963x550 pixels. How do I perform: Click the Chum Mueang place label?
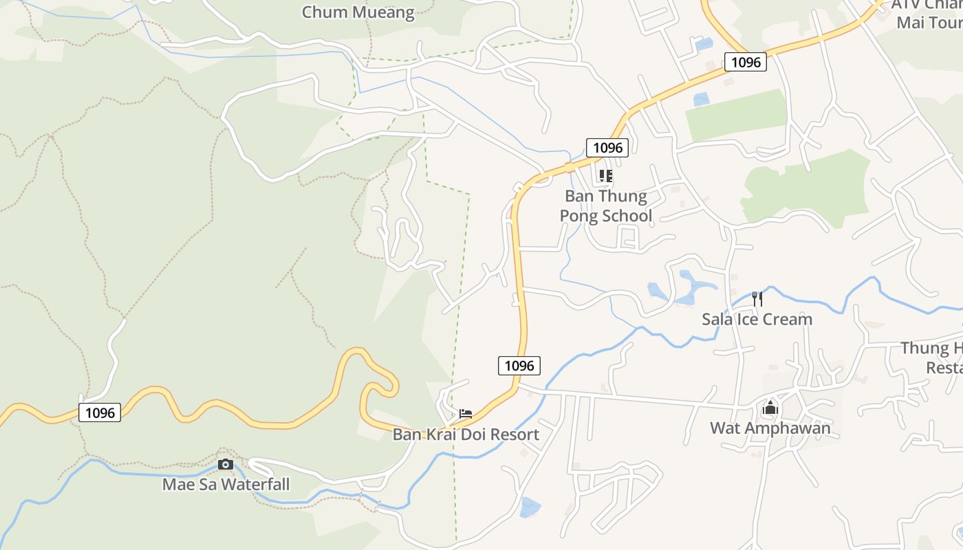pos(358,12)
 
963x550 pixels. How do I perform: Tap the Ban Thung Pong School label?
pos(605,206)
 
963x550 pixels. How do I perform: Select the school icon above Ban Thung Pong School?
pos(605,176)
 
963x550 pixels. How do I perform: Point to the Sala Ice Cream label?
pos(757,319)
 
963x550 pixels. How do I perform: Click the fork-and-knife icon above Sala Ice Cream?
pos(757,298)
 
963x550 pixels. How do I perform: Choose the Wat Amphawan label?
pos(770,428)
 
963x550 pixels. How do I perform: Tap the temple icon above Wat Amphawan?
pos(770,408)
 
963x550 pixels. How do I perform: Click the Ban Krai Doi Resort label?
pos(466,435)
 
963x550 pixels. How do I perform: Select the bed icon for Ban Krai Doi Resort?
pos(466,414)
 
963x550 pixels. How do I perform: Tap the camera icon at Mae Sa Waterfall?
pos(225,465)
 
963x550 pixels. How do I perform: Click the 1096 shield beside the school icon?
pos(607,147)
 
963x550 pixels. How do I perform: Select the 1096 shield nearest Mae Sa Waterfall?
pos(100,412)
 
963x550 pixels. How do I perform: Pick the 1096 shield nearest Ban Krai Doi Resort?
pos(519,366)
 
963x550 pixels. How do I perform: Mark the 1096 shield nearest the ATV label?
pos(746,63)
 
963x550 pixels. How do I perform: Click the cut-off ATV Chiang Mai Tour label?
pos(927,14)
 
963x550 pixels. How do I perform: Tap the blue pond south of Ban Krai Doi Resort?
pos(530,507)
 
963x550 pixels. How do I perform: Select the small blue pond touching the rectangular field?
pos(701,100)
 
